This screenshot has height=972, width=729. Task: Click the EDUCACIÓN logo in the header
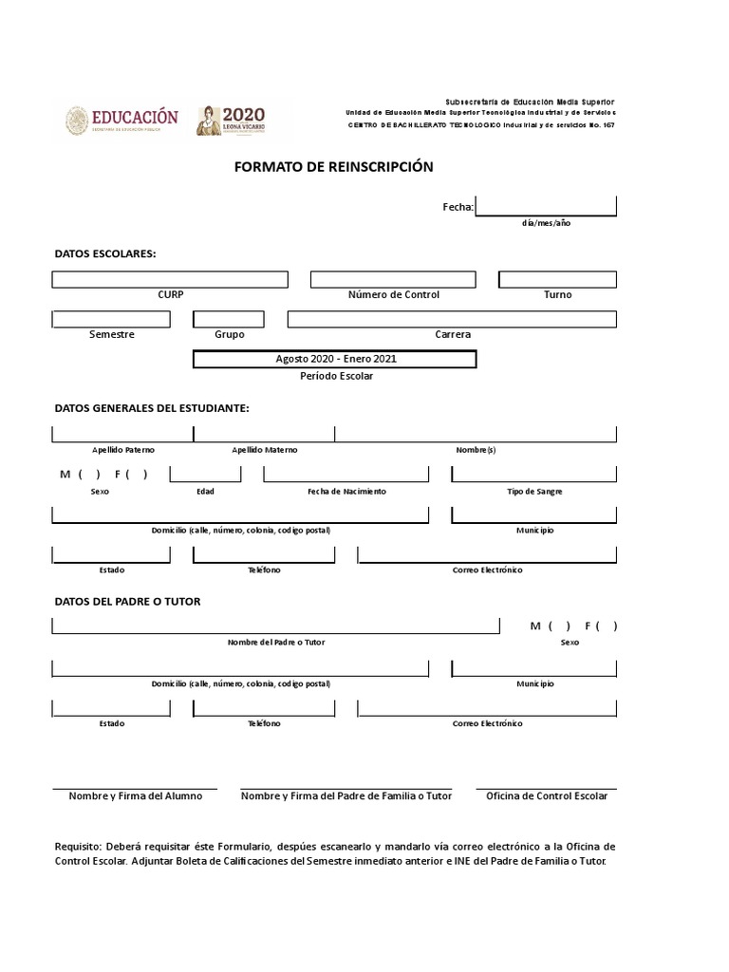[121, 120]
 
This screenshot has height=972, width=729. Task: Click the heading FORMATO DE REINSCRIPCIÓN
[333, 167]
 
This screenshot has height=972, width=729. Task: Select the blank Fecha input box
[546, 206]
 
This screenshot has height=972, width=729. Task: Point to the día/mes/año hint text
[546, 223]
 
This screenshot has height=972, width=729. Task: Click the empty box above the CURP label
[170, 279]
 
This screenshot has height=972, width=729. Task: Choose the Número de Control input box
[393, 279]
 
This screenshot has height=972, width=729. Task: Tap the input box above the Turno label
[557, 279]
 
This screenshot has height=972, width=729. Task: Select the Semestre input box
[111, 319]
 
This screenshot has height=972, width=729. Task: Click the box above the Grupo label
[229, 319]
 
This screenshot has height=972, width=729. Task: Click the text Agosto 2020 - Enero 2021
[335, 360]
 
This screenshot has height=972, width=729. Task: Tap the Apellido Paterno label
[123, 450]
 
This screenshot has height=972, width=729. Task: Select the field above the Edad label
[205, 474]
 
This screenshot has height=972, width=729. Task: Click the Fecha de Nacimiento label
[346, 492]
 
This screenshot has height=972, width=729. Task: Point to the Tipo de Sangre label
[534, 492]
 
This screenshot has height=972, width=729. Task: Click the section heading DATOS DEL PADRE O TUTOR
[127, 602]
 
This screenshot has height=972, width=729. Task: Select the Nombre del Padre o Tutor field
[275, 626]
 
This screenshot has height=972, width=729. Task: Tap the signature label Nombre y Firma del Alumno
[135, 795]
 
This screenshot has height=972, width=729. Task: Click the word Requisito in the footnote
[77, 846]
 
